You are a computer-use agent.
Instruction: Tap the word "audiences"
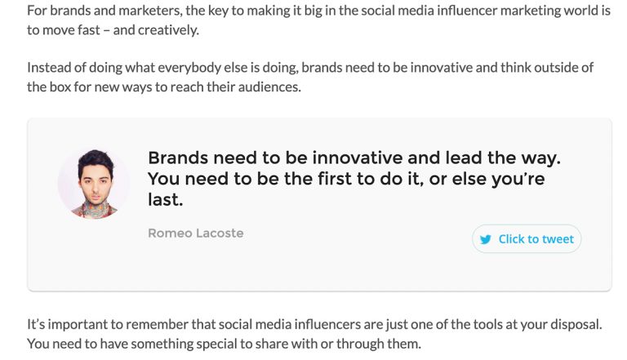click(x=271, y=86)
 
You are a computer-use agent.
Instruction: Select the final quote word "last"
click(x=164, y=199)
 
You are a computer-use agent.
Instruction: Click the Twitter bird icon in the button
click(x=486, y=239)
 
